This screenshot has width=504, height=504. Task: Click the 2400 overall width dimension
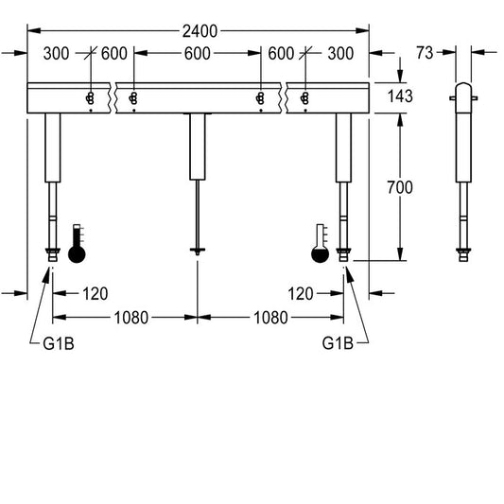[x=200, y=31]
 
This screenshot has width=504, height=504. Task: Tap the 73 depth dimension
[x=425, y=53]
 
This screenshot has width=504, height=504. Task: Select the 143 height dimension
[x=400, y=96]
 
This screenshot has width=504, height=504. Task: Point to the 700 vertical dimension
[x=400, y=187]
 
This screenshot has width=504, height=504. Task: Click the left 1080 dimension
[x=131, y=318]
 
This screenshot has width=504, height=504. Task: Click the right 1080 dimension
[x=270, y=318]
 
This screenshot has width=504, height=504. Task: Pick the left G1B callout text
[x=59, y=343]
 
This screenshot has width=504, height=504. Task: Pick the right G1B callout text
[x=338, y=343]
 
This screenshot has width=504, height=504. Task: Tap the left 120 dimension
[x=96, y=294]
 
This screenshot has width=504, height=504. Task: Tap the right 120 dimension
[x=300, y=294]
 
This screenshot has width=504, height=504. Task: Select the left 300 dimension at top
[x=56, y=53]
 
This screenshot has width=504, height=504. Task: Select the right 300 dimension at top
[x=340, y=53]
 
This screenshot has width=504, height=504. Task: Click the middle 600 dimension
[x=198, y=53]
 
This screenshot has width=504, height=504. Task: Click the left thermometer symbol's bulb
[x=77, y=254]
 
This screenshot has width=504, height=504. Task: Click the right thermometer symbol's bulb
[x=321, y=254]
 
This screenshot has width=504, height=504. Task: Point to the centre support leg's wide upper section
[x=198, y=147]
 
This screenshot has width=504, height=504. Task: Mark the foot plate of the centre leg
[x=198, y=250]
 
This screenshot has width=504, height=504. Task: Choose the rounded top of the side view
[x=463, y=87]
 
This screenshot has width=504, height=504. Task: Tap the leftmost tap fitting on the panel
[x=90, y=98]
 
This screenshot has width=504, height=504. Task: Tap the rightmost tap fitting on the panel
[x=304, y=98]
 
